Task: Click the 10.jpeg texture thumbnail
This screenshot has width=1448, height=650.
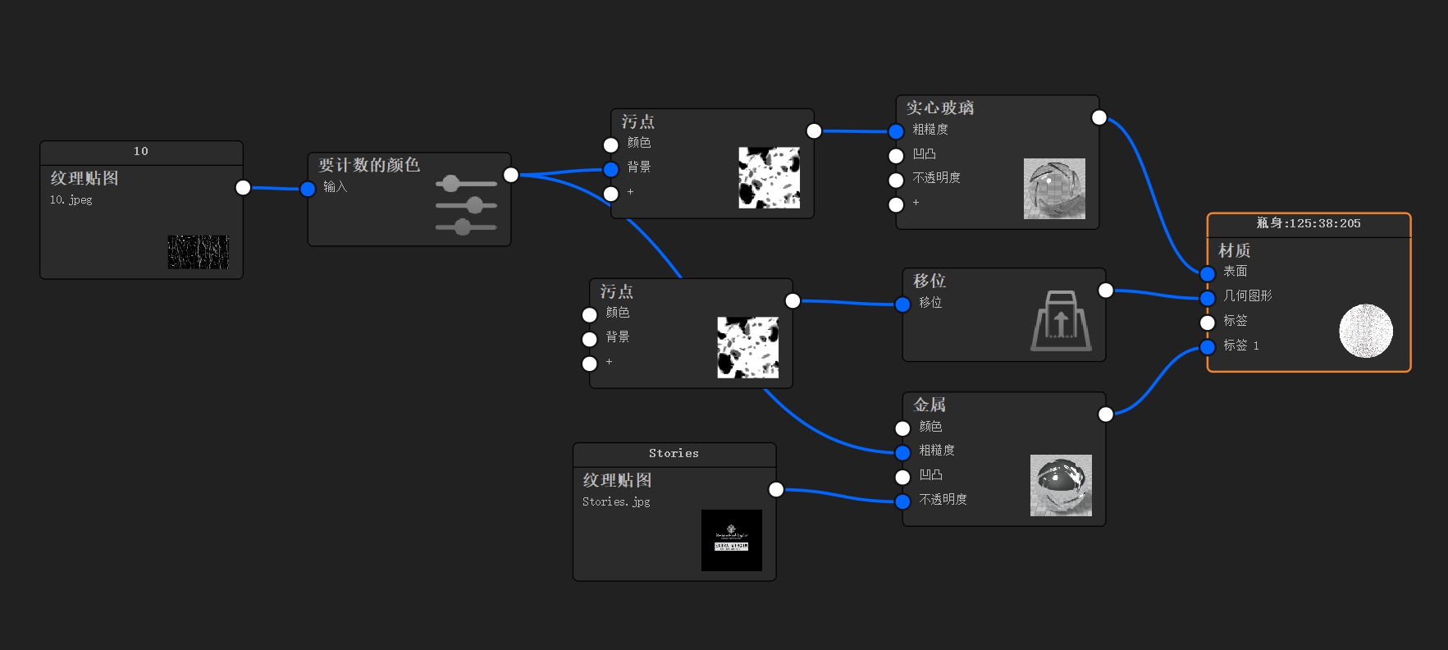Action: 198,252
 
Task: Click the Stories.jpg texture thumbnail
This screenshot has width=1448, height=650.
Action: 731,540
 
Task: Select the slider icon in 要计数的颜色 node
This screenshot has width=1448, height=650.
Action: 466,204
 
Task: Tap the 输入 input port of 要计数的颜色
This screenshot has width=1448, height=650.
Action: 308,190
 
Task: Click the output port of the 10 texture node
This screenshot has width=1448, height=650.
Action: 243,188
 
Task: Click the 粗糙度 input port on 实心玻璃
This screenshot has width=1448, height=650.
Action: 896,131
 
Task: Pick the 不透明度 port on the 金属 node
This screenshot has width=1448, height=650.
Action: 902,501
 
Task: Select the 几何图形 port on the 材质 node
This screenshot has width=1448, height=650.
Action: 1207,298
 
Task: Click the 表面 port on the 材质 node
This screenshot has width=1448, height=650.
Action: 1207,273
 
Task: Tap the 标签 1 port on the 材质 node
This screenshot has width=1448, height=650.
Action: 1207,347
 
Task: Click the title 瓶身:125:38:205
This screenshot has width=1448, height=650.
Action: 1308,223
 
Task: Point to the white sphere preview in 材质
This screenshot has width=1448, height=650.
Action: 1365,331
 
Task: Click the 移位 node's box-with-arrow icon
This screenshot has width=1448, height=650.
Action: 1061,321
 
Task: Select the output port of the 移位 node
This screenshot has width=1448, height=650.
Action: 1105,291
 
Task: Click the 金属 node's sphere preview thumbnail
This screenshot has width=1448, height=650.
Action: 1060,485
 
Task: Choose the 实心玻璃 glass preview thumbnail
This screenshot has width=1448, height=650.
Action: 1053,189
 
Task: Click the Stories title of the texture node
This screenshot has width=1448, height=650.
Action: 674,453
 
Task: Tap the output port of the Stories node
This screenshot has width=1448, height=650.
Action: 776,490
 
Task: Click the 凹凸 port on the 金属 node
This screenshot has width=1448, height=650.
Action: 902,477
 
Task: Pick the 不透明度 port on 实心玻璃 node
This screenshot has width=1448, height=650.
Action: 896,180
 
